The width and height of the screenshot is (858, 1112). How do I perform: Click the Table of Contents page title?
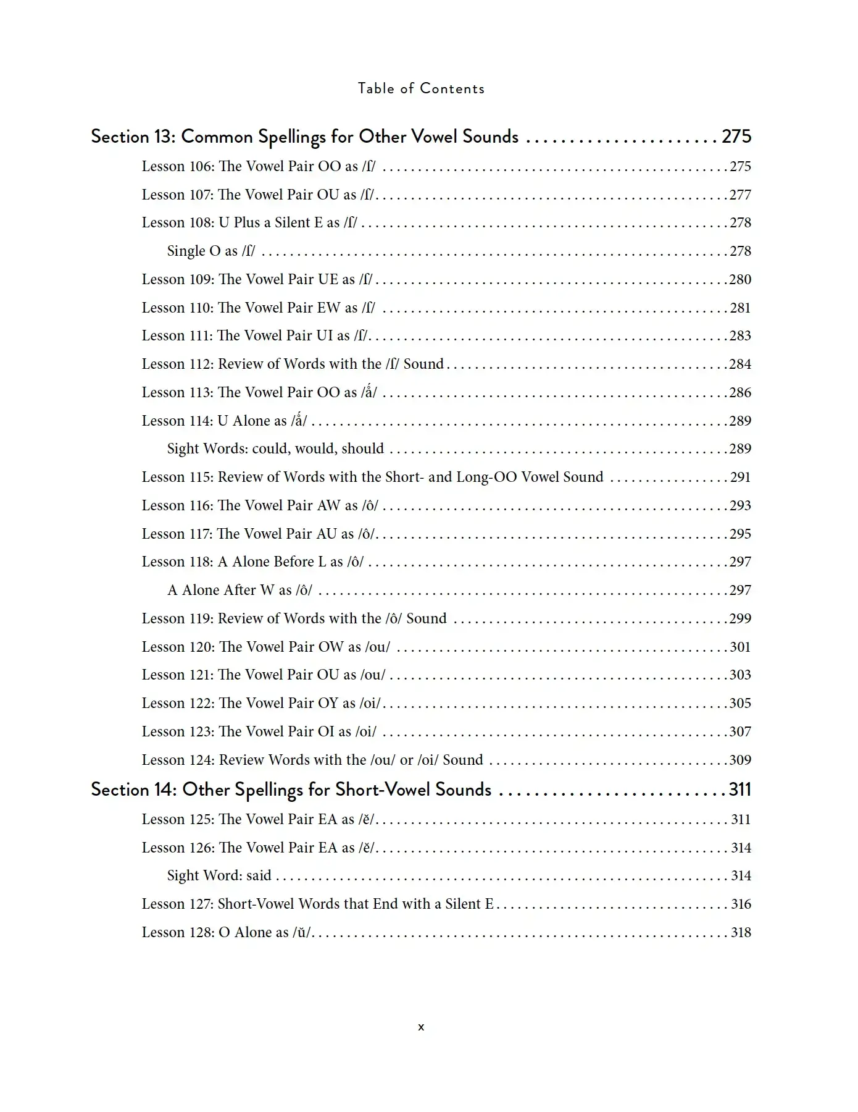[421, 88]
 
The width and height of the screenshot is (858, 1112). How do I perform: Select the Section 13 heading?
[304, 136]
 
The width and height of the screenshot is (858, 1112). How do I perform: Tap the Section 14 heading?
[291, 789]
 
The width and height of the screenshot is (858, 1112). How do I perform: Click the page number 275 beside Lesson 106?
[740, 166]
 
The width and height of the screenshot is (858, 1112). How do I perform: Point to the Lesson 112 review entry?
[293, 364]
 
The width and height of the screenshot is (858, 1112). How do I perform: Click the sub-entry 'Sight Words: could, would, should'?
[275, 449]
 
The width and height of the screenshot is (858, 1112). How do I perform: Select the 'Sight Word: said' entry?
[219, 875]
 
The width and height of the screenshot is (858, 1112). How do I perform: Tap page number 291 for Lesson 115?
[740, 477]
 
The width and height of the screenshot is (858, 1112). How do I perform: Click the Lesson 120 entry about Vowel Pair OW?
[266, 647]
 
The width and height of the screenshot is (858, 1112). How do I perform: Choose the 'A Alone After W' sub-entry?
[239, 590]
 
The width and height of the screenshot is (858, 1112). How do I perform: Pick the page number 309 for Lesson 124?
[740, 760]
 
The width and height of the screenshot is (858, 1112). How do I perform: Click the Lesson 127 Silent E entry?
[317, 904]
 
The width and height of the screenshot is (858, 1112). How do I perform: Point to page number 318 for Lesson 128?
[741, 932]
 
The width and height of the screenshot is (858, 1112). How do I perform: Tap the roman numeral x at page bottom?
[421, 1027]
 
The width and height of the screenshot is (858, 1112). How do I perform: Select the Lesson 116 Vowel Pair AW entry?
[260, 505]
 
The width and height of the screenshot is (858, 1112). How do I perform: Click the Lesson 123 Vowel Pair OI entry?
[259, 731]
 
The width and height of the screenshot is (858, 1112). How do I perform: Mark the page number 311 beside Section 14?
[739, 789]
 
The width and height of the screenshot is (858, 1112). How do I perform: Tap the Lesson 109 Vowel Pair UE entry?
[257, 279]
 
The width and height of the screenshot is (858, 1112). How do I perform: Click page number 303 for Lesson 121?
[740, 675]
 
